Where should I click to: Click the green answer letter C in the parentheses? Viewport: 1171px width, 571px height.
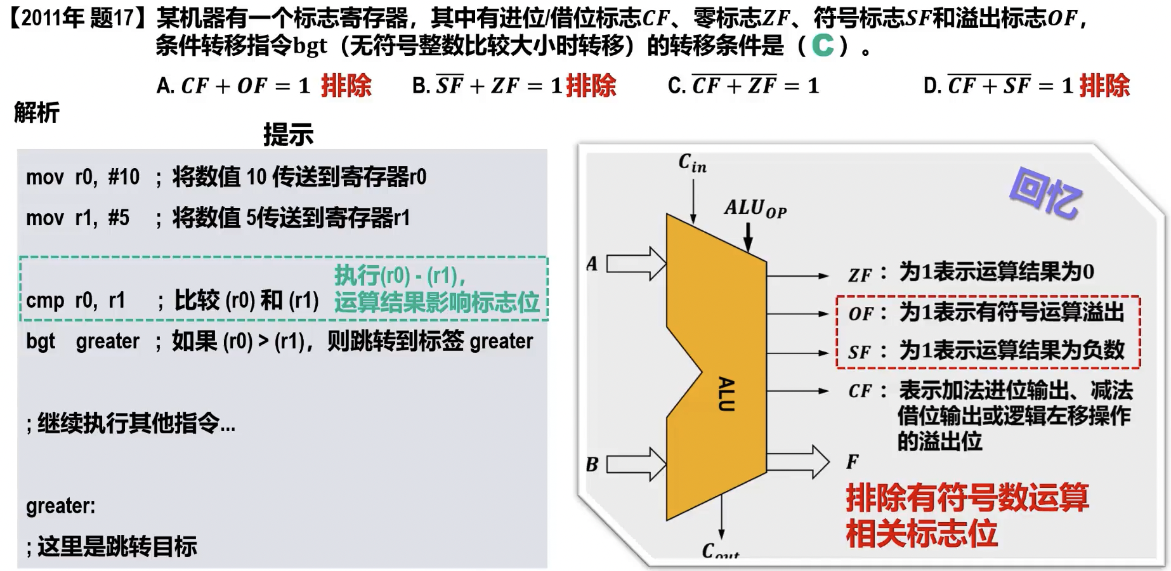click(x=823, y=45)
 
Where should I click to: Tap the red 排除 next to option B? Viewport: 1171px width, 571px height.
click(x=591, y=86)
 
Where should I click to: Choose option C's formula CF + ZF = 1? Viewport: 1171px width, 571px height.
click(x=755, y=86)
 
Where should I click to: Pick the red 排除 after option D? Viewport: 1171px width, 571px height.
click(x=1104, y=86)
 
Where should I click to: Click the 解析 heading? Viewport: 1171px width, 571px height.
click(x=37, y=113)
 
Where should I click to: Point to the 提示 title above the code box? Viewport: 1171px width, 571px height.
click(x=289, y=135)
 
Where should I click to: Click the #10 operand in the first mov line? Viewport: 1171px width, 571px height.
click(x=124, y=177)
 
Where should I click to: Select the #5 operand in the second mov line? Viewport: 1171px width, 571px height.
click(x=119, y=218)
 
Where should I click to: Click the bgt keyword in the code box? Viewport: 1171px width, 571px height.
click(x=41, y=341)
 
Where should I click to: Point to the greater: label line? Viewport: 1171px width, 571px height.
click(x=61, y=506)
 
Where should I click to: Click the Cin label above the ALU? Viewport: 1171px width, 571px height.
click(x=692, y=163)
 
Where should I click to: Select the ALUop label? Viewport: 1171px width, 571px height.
click(x=755, y=208)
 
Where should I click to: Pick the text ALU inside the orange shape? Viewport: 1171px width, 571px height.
click(x=726, y=394)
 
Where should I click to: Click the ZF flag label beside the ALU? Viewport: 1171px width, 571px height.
click(x=860, y=275)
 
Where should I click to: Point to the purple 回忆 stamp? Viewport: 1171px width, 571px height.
click(x=1045, y=193)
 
